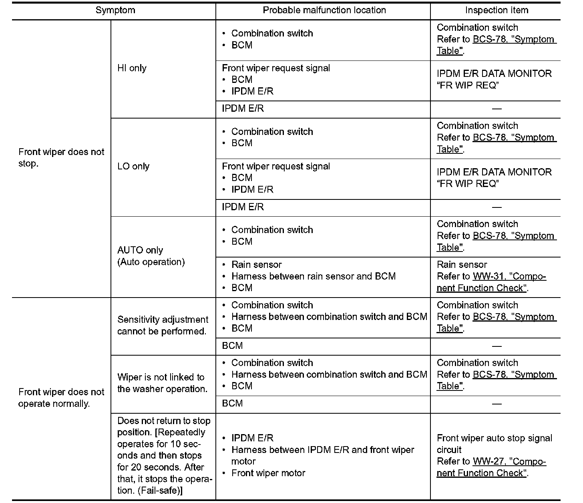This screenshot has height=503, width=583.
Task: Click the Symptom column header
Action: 115,10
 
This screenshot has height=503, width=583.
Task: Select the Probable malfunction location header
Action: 324,10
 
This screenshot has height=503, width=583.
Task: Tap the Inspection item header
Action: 497,10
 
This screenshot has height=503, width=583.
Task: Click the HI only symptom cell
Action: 132,68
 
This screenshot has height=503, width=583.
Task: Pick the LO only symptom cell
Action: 133,167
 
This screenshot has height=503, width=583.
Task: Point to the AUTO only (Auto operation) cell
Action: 151,256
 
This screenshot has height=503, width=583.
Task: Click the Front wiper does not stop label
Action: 61,158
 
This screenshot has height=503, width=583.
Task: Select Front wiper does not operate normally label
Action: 61,398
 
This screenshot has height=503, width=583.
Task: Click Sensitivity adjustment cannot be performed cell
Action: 163,326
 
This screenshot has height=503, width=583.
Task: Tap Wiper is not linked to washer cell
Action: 162,383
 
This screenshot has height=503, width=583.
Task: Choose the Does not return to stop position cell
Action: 164,456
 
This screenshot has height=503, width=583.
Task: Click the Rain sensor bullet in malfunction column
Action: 256,265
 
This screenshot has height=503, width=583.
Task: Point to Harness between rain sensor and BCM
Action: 313,276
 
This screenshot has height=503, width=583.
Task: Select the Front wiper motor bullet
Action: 268,473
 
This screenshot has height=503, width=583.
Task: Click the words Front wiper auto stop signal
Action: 495,438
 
